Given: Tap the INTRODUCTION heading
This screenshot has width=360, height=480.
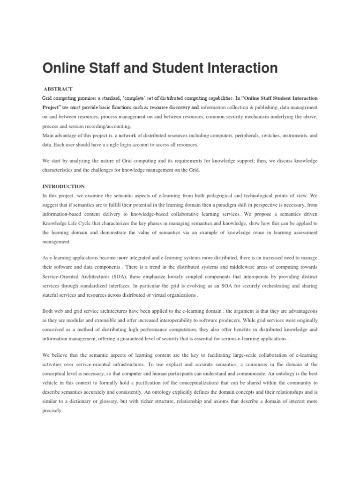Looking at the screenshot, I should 63,186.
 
